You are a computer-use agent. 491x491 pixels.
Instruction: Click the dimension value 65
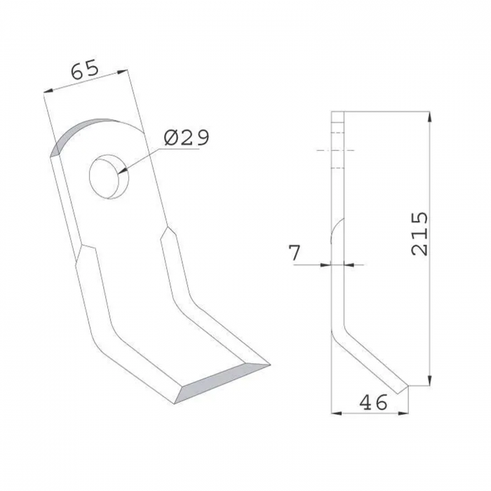[x=83, y=70]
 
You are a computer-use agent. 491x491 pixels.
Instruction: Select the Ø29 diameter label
[x=186, y=137]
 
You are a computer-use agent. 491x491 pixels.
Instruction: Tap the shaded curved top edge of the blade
[x=77, y=133]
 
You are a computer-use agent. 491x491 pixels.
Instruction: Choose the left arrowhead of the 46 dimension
[x=335, y=413]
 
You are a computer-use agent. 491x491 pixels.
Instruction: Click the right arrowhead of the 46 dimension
[x=405, y=413]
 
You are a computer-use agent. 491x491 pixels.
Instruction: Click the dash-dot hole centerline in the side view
[x=336, y=151]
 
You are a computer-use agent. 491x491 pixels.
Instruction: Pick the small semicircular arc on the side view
[x=336, y=231]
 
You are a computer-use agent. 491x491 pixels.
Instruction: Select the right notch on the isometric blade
[x=166, y=231]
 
